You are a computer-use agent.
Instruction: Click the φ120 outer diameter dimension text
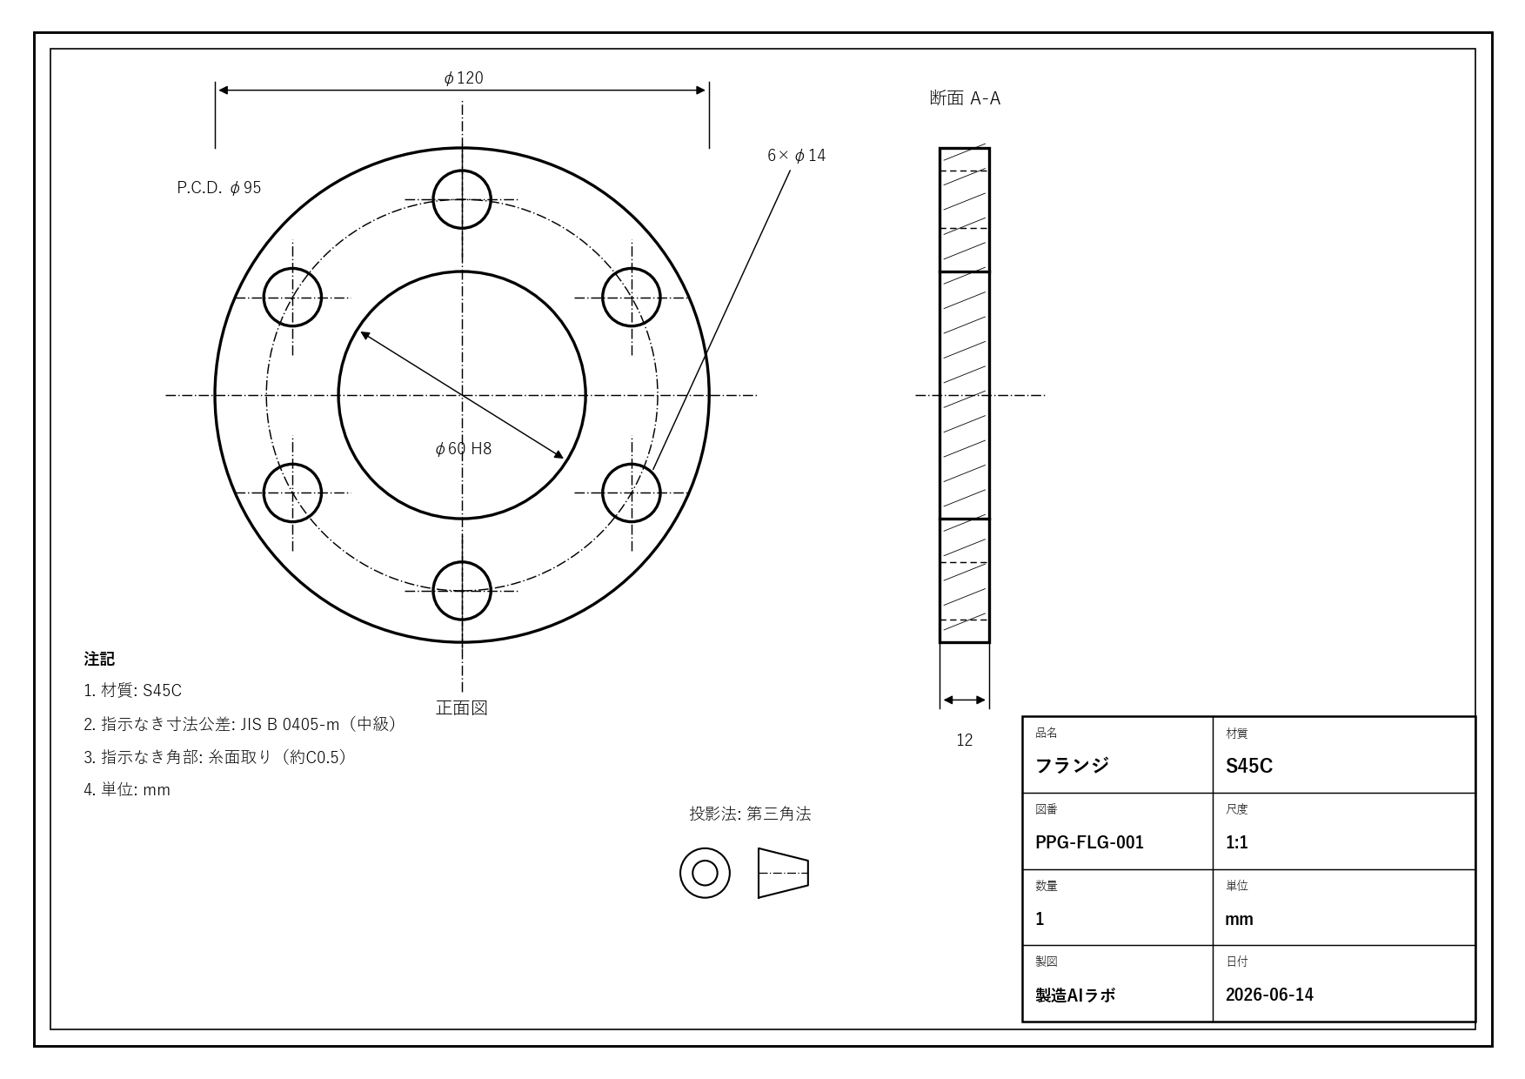pos(464,78)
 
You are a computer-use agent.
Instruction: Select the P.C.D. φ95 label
pos(219,187)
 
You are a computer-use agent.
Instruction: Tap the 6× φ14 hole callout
pos(796,155)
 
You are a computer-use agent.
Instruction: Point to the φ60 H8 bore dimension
pos(463,448)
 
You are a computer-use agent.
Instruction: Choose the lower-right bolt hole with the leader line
pos(660,493)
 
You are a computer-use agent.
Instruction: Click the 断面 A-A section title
pos(965,97)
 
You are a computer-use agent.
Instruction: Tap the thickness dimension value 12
pos(965,740)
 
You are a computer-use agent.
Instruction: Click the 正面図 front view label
pos(462,707)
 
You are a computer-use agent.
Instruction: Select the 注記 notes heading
pos(99,659)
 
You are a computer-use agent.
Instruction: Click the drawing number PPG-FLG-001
pos(1089,842)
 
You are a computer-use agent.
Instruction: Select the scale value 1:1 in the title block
pos(1237,842)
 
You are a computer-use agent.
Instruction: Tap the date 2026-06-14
pos(1269,995)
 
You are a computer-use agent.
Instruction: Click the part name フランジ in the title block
pos(1072,766)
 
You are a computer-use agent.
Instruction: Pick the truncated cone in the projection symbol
pos(783,873)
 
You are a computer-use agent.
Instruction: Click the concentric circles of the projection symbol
pos(705,848)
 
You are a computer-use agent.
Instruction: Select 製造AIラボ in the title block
pos(1075,995)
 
